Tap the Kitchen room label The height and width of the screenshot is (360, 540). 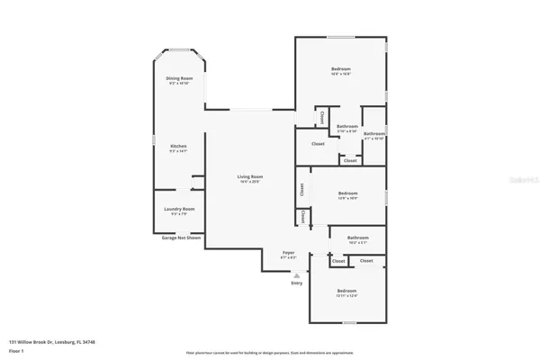178,147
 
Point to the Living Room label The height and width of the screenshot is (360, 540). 249,176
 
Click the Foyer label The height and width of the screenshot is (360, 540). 289,253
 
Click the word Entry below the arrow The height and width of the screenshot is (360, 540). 297,283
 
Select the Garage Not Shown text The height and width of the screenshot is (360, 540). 181,238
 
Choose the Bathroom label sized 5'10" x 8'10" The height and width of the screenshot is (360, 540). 347,126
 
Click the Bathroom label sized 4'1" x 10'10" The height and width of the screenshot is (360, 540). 374,135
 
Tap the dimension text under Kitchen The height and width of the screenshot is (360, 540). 178,151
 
